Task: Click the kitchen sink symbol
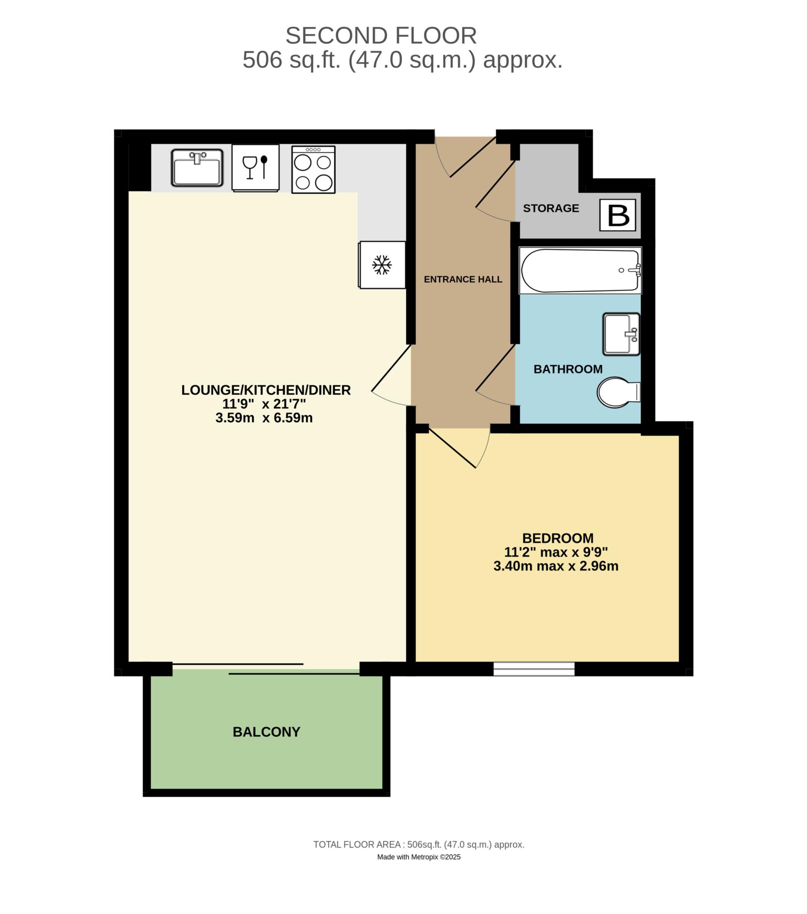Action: (x=197, y=168)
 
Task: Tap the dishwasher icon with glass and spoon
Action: (x=255, y=168)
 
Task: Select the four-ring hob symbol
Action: (x=314, y=170)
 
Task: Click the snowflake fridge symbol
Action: (x=382, y=265)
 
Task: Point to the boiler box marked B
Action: (x=618, y=215)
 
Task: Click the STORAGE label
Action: (x=551, y=208)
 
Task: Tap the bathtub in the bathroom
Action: (x=580, y=270)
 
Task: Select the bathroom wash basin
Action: (x=621, y=334)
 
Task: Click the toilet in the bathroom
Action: (x=618, y=392)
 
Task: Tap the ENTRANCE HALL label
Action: (x=463, y=279)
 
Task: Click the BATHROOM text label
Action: (x=568, y=370)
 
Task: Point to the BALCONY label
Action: (x=266, y=732)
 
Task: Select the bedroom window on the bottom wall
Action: (x=534, y=669)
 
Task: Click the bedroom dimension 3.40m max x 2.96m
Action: (x=556, y=566)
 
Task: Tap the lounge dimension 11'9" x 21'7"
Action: (x=264, y=404)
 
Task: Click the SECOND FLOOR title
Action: (x=381, y=36)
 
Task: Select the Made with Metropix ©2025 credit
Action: (x=418, y=857)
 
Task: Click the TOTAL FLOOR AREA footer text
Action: (x=418, y=845)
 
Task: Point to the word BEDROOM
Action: (x=558, y=538)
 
